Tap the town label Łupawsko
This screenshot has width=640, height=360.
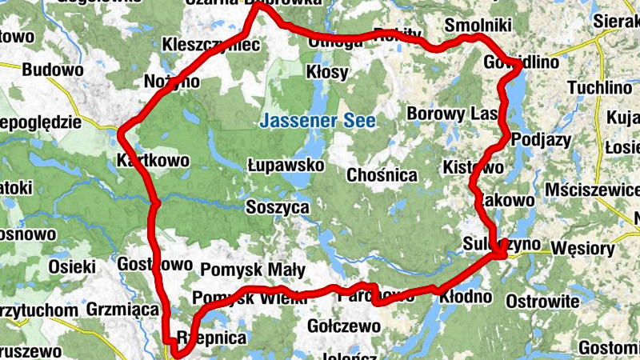pyautogui.click(x=286, y=165)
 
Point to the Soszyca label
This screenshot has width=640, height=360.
pyautogui.click(x=278, y=207)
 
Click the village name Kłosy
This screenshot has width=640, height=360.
pyautogui.click(x=327, y=73)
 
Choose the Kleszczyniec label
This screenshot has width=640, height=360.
pyautogui.click(x=210, y=45)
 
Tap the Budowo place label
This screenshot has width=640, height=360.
pyautogui.click(x=53, y=70)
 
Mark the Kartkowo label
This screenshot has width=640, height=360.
pyautogui.click(x=153, y=160)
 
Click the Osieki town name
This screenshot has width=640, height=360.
pyautogui.click(x=72, y=266)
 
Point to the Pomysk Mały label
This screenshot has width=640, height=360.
pyautogui.click(x=242, y=269)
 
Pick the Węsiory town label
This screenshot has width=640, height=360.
pyautogui.click(x=583, y=248)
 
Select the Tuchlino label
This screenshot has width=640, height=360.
pyautogui.click(x=599, y=87)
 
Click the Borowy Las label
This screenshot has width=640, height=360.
pyautogui.click(x=453, y=114)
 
